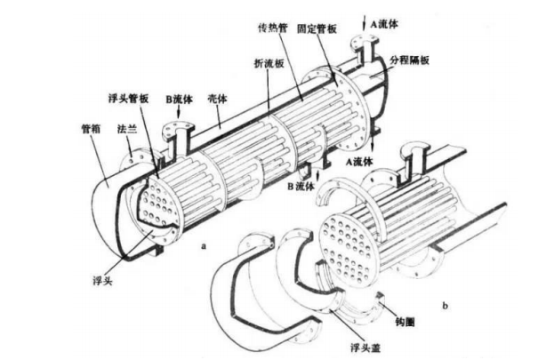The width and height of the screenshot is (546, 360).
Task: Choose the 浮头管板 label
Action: click(x=125, y=98)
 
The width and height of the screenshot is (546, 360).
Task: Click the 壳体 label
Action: click(x=218, y=98)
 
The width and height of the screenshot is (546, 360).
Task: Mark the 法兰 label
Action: click(x=125, y=128)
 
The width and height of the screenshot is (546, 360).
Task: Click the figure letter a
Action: click(x=205, y=241)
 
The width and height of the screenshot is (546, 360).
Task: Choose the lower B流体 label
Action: click(x=302, y=187)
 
